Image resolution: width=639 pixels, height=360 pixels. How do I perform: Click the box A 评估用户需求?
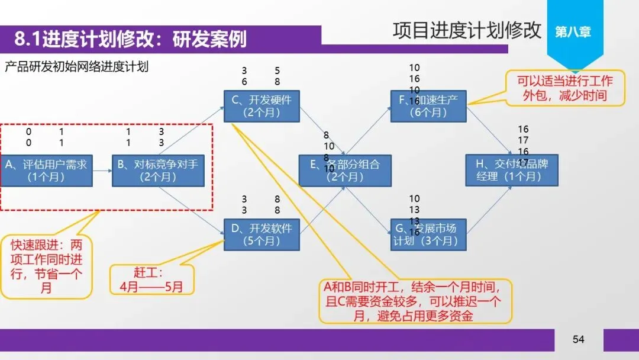[x=46, y=171]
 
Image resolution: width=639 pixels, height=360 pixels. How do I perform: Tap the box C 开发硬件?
[x=262, y=105]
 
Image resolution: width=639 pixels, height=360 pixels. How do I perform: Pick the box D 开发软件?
[x=262, y=234]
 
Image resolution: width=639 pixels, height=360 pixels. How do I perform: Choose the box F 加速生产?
[x=428, y=105]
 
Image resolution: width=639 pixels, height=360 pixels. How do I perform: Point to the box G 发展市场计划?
[x=428, y=234]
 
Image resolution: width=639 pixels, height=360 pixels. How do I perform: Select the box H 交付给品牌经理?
[x=512, y=171]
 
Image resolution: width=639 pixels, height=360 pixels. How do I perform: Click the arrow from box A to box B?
[x=102, y=171]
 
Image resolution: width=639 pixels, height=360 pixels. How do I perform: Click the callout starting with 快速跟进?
[x=47, y=266]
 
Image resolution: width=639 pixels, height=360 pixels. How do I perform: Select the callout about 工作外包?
[x=564, y=88]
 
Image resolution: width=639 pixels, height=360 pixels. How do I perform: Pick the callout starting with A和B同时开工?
[x=414, y=301]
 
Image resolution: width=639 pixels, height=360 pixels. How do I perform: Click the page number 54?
[x=578, y=339]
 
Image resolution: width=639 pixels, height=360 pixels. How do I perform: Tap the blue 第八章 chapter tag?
[x=573, y=31]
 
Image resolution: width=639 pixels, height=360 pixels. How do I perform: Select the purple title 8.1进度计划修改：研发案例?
[x=130, y=39]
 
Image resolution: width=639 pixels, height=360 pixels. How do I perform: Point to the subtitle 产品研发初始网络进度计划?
[x=76, y=66]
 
